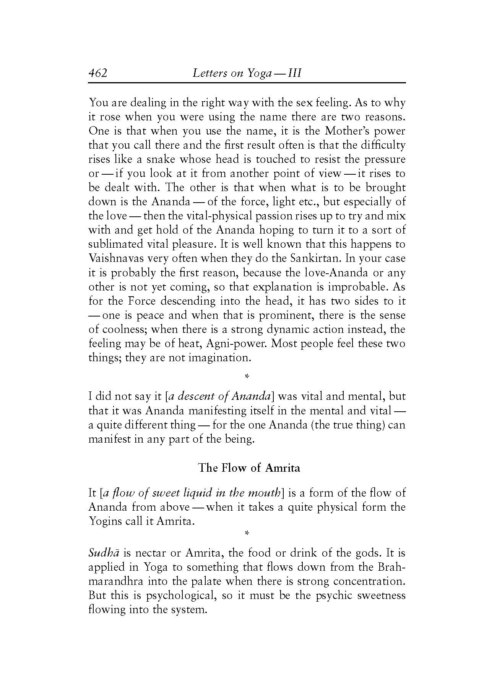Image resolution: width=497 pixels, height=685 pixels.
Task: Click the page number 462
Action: [98, 73]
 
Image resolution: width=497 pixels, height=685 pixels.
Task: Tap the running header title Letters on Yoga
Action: [247, 73]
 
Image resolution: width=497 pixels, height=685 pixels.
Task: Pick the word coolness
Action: [123, 330]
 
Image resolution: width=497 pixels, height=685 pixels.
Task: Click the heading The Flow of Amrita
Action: [249, 468]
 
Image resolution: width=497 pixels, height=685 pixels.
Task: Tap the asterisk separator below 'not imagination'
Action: [247, 377]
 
